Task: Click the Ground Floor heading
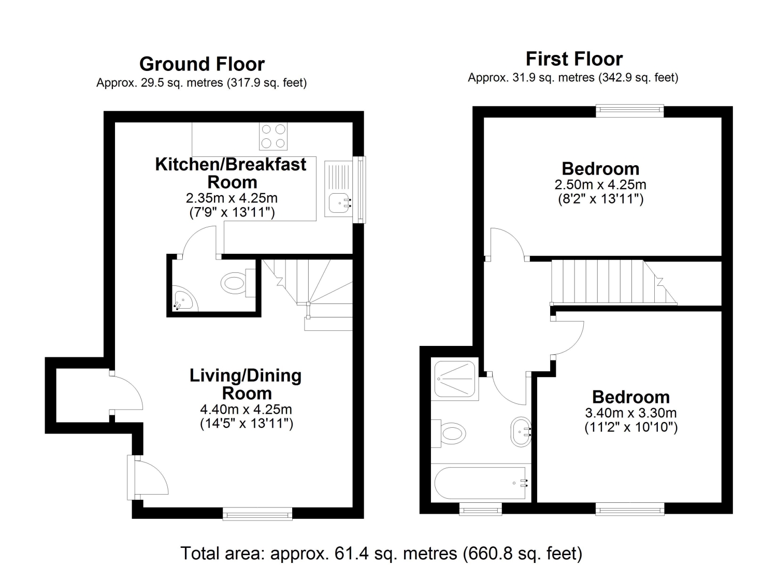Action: (202, 64)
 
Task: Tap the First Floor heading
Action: (574, 59)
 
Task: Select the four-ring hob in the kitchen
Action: (273, 136)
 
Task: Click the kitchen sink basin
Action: (339, 203)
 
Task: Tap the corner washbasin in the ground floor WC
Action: (184, 299)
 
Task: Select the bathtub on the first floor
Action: (480, 483)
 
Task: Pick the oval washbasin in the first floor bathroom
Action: (521, 432)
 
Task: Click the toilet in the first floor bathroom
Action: (448, 433)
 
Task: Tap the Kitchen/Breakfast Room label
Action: (231, 173)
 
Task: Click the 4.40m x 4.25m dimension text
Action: (246, 410)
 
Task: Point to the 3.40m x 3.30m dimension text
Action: (631, 413)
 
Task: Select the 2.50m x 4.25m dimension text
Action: (600, 184)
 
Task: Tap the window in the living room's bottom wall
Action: (257, 514)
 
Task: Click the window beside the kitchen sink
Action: (359, 190)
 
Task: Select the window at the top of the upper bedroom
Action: (630, 111)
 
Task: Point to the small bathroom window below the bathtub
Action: (481, 509)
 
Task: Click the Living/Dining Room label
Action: (246, 384)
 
